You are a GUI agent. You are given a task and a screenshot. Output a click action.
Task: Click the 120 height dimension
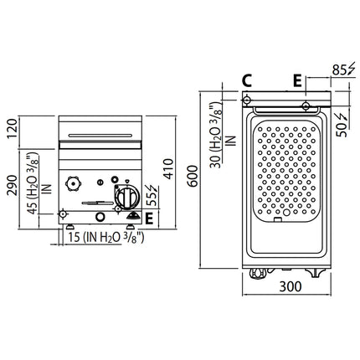[13, 128]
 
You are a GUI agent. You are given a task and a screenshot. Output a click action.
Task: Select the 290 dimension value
[13, 185]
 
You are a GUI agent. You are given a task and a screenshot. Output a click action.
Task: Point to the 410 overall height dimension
[168, 169]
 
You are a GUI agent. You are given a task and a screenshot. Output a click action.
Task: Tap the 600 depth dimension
[193, 176]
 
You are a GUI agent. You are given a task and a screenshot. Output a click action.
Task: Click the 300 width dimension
[291, 286]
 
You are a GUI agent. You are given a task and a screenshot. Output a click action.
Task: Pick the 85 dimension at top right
[339, 70]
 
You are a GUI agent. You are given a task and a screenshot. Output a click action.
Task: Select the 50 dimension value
[342, 130]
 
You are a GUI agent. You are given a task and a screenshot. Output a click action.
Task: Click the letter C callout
[247, 80]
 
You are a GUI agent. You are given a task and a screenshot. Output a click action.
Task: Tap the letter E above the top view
[297, 80]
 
